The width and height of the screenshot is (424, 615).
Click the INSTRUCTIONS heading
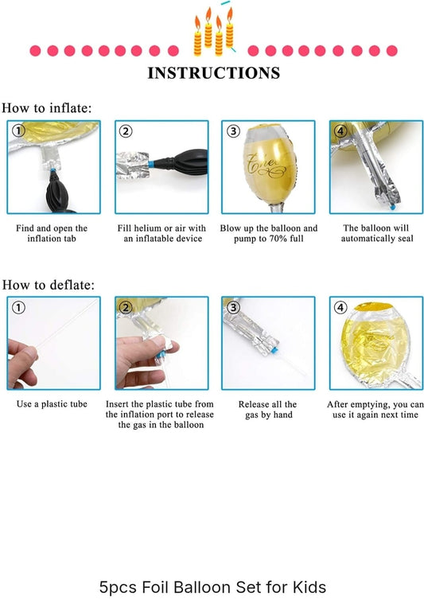(214, 73)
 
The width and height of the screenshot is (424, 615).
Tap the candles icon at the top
(214, 31)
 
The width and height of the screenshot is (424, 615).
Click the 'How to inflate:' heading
(47, 108)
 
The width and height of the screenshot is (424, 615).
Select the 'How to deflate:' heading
(49, 285)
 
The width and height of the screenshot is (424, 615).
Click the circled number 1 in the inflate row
(18, 130)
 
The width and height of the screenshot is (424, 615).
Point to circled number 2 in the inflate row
(126, 130)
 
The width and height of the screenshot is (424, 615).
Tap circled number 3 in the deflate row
(233, 307)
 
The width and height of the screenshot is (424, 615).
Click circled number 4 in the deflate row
(340, 307)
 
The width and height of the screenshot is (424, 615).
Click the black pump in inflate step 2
(181, 162)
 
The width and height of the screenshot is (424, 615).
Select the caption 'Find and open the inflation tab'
(52, 233)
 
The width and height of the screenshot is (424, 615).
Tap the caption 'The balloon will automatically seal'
(377, 233)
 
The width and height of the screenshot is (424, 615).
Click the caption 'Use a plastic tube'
(52, 404)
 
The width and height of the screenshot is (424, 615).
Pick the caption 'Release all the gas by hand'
(268, 410)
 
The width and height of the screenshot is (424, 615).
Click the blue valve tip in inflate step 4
(392, 205)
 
